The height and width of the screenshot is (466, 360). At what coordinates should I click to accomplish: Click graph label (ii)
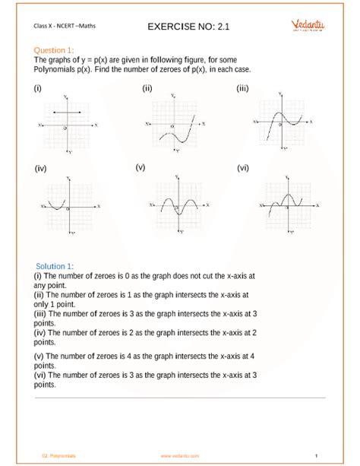click(x=147, y=88)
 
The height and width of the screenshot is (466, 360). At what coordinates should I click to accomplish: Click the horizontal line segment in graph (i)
click(x=66, y=113)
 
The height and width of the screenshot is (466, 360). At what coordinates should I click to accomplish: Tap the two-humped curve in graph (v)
click(x=178, y=201)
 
